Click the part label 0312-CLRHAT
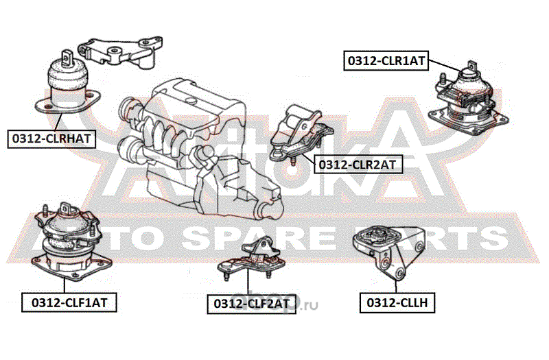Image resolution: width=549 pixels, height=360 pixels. click(x=51, y=139)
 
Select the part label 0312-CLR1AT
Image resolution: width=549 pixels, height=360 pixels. click(x=386, y=61)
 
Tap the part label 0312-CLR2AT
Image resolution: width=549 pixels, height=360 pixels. click(x=358, y=165)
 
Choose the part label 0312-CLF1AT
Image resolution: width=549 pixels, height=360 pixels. click(x=69, y=302)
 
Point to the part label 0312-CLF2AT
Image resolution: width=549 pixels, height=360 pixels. click(x=251, y=304)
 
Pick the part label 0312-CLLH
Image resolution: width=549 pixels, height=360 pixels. click(x=397, y=302)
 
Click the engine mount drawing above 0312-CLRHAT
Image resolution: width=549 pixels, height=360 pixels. click(x=67, y=83)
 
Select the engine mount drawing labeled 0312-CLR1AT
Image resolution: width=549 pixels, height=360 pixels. click(x=469, y=99)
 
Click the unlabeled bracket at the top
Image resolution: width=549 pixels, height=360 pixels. click(x=119, y=53)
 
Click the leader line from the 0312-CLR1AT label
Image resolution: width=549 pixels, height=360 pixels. click(x=444, y=65)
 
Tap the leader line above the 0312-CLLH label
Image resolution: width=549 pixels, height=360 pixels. click(x=396, y=287)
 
